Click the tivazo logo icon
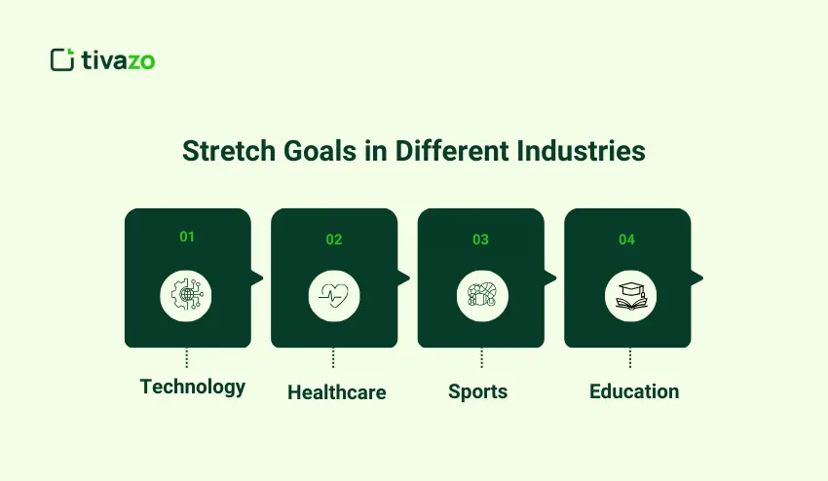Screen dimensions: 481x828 click(62, 59)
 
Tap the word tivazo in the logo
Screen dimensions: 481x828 click(118, 60)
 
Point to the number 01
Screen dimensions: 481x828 click(187, 237)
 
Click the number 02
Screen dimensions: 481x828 click(334, 240)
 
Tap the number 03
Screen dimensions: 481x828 click(480, 240)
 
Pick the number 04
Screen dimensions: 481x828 click(627, 240)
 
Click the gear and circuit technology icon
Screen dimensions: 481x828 click(187, 294)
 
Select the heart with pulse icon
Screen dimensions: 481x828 click(334, 295)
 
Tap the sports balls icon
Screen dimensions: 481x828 click(480, 295)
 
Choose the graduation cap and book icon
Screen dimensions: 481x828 click(627, 295)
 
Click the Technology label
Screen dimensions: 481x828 click(193, 387)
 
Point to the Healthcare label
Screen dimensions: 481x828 click(336, 392)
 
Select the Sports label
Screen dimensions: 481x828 click(477, 392)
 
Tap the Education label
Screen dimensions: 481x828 click(634, 392)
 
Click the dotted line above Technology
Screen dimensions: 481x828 click(187, 358)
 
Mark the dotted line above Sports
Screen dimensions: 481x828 click(481, 358)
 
